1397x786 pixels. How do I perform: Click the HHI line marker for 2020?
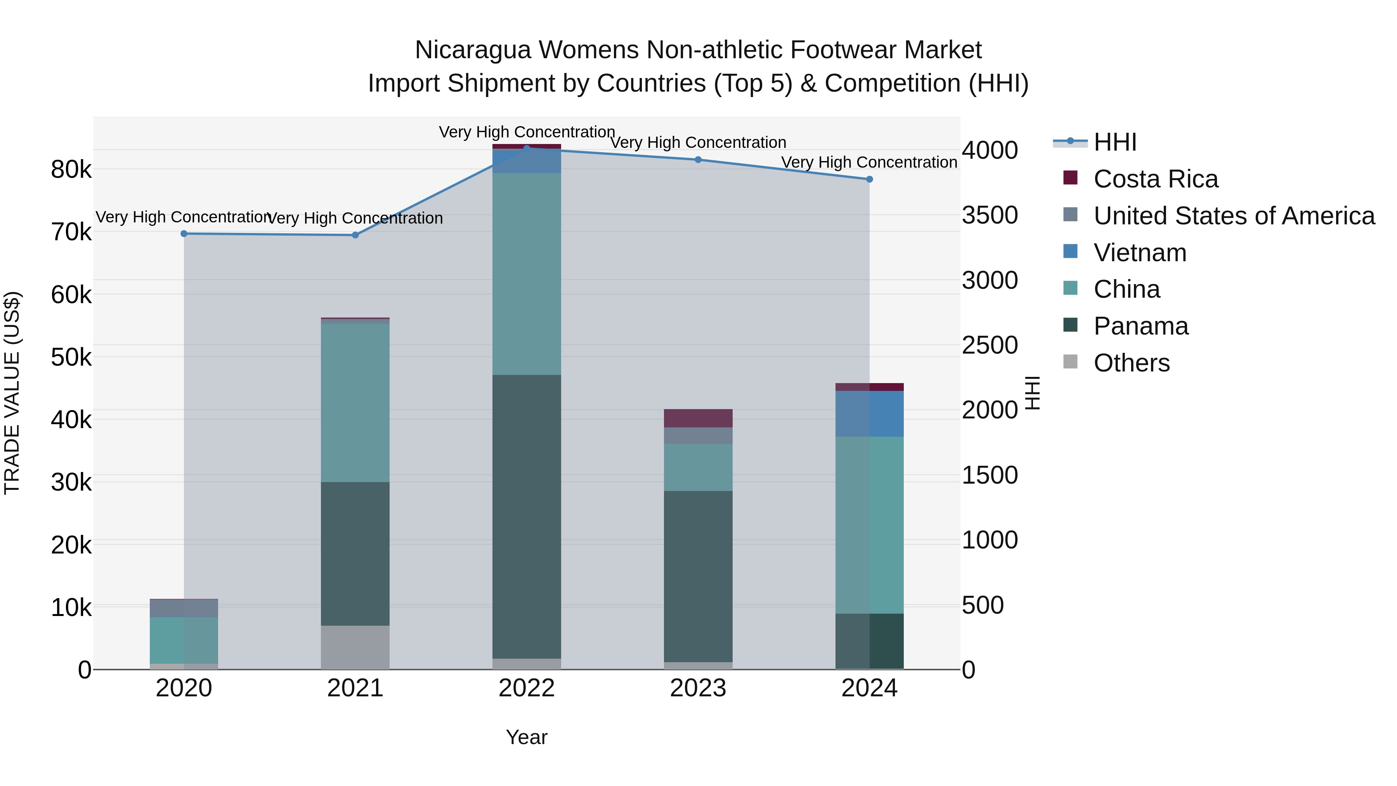[184, 234]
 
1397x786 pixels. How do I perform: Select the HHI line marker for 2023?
[698, 160]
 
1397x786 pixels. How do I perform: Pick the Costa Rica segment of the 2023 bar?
[698, 418]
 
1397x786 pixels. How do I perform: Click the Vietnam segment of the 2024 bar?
[869, 414]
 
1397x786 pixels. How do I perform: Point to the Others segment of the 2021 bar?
[355, 647]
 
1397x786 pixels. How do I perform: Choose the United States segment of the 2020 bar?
[184, 608]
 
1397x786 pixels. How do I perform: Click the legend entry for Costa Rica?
[1156, 179]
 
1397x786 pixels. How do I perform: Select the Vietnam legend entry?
[1140, 253]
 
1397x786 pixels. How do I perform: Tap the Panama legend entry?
[1141, 326]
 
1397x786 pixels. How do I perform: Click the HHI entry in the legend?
[1115, 142]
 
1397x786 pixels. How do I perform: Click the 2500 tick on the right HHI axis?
[990, 345]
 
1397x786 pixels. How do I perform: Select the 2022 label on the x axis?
[527, 688]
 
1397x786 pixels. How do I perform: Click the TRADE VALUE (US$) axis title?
[12, 393]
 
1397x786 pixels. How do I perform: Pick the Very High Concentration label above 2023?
[698, 143]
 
